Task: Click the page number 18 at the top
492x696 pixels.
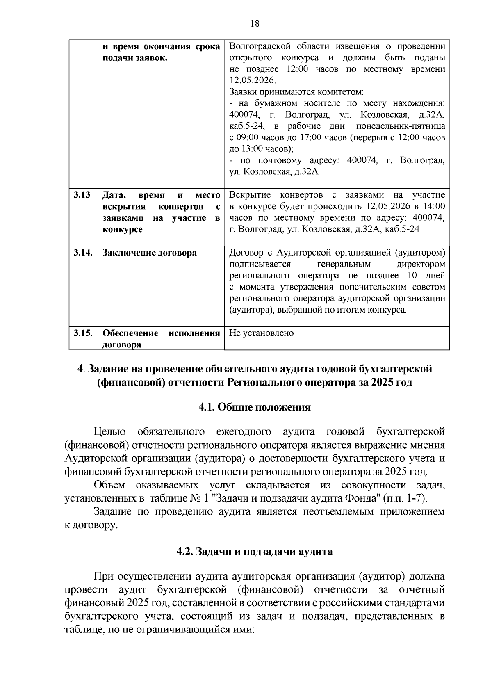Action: click(x=255, y=23)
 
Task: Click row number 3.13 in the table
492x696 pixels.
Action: click(x=82, y=195)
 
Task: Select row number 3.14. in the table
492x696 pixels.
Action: click(x=83, y=253)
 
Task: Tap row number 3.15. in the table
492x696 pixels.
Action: click(x=83, y=333)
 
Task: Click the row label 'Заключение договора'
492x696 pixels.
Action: click(x=149, y=253)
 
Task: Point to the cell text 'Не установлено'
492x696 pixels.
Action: click(x=261, y=333)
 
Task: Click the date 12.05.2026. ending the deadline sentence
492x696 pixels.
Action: click(x=253, y=80)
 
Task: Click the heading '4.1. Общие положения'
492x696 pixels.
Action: click(x=255, y=407)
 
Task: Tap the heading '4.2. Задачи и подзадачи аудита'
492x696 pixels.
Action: click(x=255, y=551)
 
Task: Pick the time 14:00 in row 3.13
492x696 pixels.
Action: click(x=434, y=206)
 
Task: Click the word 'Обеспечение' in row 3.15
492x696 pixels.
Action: click(x=130, y=333)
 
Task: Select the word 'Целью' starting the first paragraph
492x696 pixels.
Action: click(x=109, y=432)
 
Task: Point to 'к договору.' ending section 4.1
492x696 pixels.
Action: click(x=91, y=525)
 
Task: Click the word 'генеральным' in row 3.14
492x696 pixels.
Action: click(x=344, y=264)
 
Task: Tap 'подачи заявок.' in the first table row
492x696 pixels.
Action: click(x=135, y=58)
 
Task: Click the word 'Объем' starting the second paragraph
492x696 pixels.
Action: click(x=109, y=486)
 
